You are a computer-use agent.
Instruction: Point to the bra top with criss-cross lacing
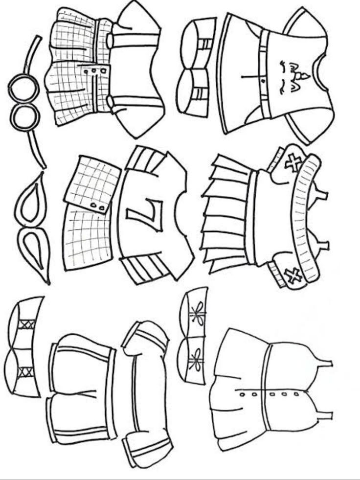point(24,347)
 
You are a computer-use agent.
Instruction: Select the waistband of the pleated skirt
point(251,215)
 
